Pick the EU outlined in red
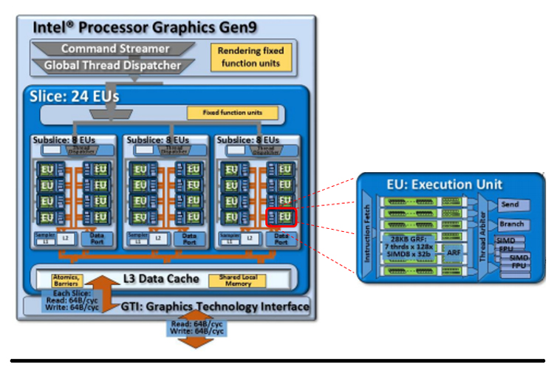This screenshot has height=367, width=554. (281, 217)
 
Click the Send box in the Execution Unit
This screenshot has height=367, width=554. (510, 204)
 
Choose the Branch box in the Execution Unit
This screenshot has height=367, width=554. (510, 224)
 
